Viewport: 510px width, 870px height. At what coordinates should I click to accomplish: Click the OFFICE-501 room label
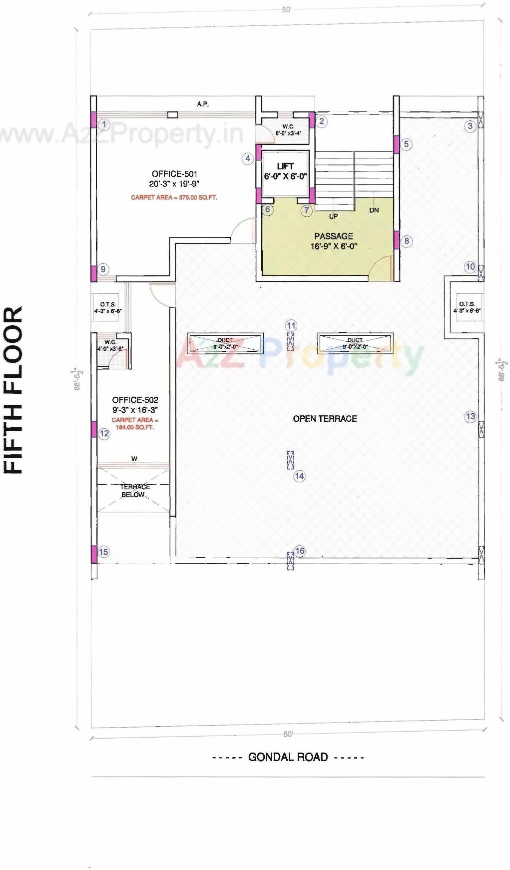174,174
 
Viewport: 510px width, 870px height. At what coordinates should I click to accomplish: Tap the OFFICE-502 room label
135,400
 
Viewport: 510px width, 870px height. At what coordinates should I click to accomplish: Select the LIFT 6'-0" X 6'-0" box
285,171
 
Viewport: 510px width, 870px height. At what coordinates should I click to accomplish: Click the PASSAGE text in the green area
333,236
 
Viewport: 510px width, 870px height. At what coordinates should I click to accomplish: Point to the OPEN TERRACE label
325,419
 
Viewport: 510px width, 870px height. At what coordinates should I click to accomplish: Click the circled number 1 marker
104,124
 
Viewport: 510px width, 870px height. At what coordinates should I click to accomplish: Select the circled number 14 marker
299,476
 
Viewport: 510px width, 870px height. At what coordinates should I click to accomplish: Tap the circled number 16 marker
300,551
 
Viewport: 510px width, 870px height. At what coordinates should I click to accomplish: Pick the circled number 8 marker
407,241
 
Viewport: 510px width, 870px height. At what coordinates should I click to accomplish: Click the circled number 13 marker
470,416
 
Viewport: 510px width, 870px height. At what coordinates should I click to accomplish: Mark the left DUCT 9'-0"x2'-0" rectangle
225,343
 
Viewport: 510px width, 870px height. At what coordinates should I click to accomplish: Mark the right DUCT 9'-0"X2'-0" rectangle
355,343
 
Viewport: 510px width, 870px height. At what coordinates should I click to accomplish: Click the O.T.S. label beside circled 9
108,304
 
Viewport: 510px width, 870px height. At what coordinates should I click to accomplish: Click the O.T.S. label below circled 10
467,304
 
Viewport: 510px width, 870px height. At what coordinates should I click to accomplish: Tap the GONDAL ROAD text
288,757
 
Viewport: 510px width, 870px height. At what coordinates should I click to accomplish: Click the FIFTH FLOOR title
14,390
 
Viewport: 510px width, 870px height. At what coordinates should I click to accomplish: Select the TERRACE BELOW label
134,490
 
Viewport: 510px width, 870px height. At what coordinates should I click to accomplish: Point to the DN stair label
374,210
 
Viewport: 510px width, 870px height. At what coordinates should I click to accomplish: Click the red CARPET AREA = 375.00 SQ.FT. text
174,197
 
